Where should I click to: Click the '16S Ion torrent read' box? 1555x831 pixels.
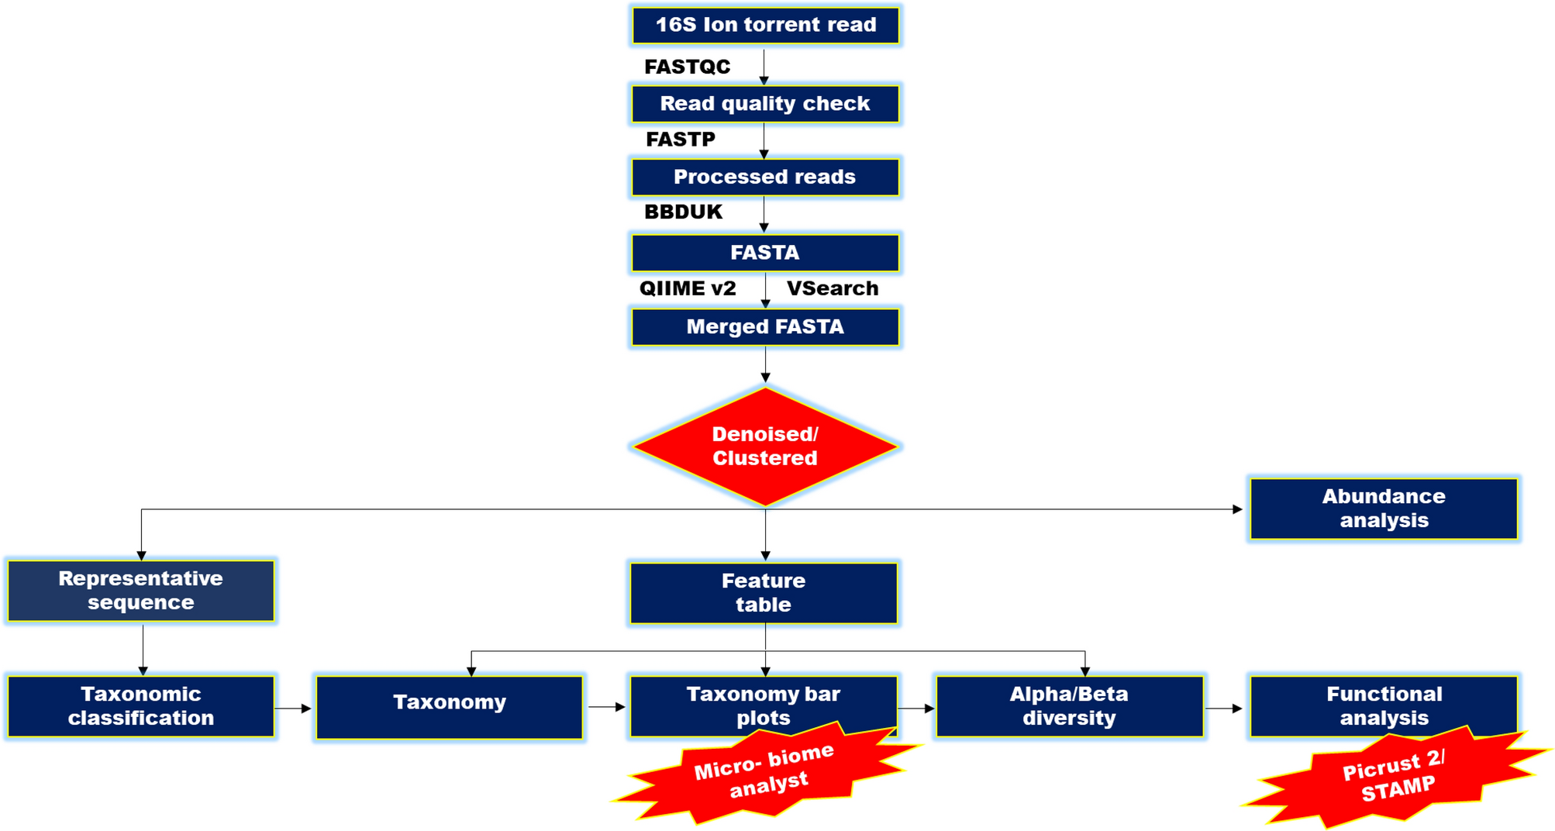765,25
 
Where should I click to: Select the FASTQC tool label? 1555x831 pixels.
687,67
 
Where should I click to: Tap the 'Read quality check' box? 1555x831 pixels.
765,104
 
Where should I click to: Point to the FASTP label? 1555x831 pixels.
681,140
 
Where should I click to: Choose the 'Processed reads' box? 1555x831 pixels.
765,177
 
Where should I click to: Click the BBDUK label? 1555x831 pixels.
683,212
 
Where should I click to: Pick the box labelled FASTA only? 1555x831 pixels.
765,253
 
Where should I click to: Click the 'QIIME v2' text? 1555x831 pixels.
687,288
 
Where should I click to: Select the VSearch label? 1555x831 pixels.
833,288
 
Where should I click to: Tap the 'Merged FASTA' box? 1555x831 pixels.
765,327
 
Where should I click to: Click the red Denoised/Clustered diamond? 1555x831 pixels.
765,447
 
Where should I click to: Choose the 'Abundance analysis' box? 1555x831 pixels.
1384,509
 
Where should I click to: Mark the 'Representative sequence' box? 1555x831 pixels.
141,591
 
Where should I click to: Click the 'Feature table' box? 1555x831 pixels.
764,593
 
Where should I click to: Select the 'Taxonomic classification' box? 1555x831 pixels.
141,706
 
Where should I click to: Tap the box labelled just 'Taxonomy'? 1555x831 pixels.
450,706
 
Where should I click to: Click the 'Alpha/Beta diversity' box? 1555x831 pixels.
1069,706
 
